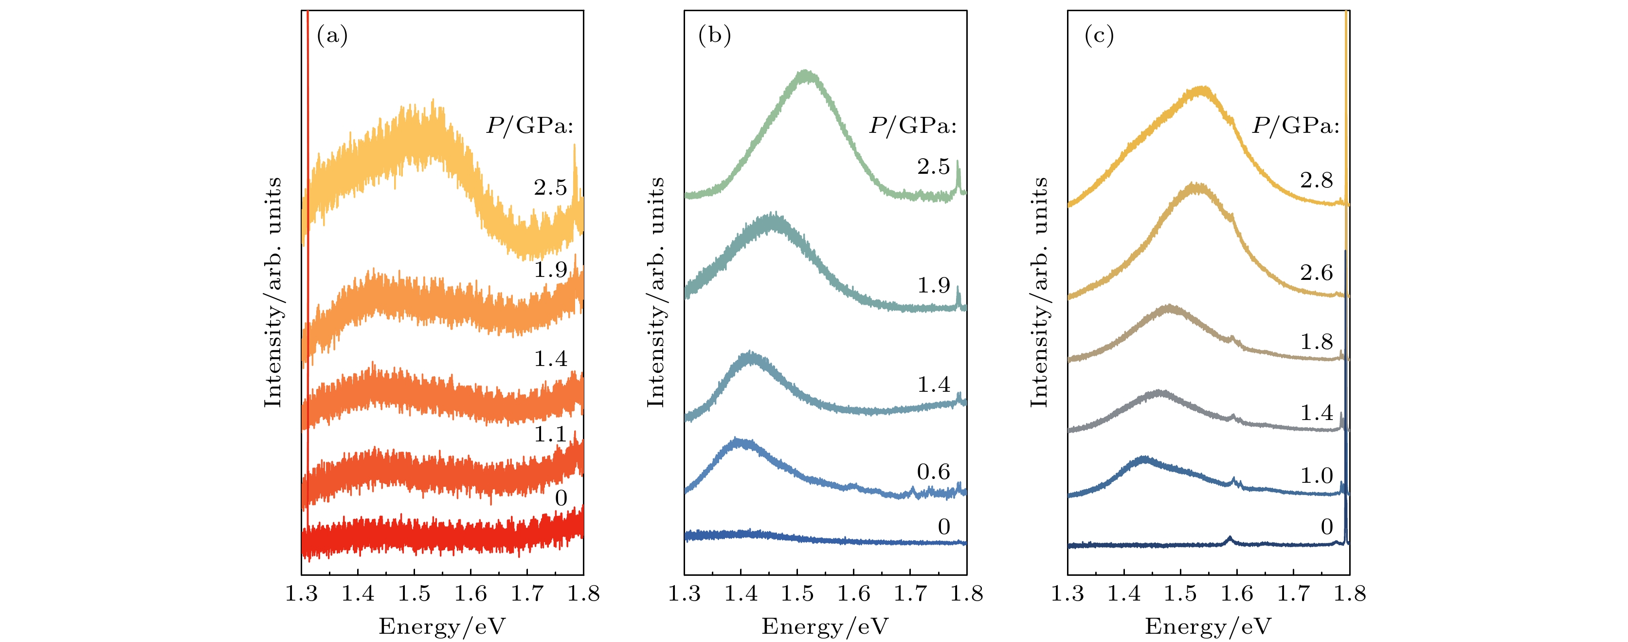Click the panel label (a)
coord(332,36)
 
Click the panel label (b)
coord(715,36)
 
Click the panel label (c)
coord(1099,36)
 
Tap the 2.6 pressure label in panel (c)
coord(1317,273)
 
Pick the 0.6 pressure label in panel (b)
coord(933,471)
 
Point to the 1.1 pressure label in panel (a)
coord(550,435)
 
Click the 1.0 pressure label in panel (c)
coord(1317,476)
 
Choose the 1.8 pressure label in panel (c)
coord(1317,342)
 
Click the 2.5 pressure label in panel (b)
coord(933,167)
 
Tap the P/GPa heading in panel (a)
coord(529,126)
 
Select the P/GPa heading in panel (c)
coord(1296,126)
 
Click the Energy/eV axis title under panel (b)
coord(825,626)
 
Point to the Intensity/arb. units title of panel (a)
coord(273,292)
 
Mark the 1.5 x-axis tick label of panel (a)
coord(414,593)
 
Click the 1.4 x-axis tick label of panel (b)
coord(741,593)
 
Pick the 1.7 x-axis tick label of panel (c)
coord(1293,593)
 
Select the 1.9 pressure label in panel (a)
coord(550,270)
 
